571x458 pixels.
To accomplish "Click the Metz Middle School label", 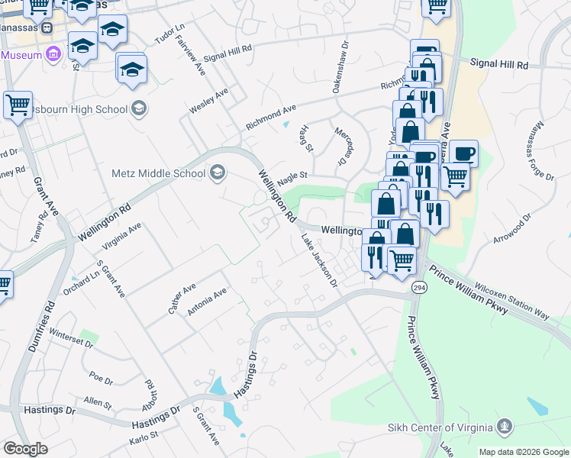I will [x=158, y=173].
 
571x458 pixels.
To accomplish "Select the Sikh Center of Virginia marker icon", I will [x=503, y=426].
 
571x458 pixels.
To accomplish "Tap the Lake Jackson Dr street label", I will [x=319, y=261].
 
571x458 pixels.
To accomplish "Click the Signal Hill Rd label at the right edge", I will [x=499, y=65].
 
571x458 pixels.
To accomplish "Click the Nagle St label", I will [x=292, y=176].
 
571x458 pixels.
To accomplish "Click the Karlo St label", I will [x=143, y=437].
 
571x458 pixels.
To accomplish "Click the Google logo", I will [x=25, y=449].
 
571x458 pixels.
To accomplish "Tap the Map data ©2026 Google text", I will [x=523, y=452].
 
